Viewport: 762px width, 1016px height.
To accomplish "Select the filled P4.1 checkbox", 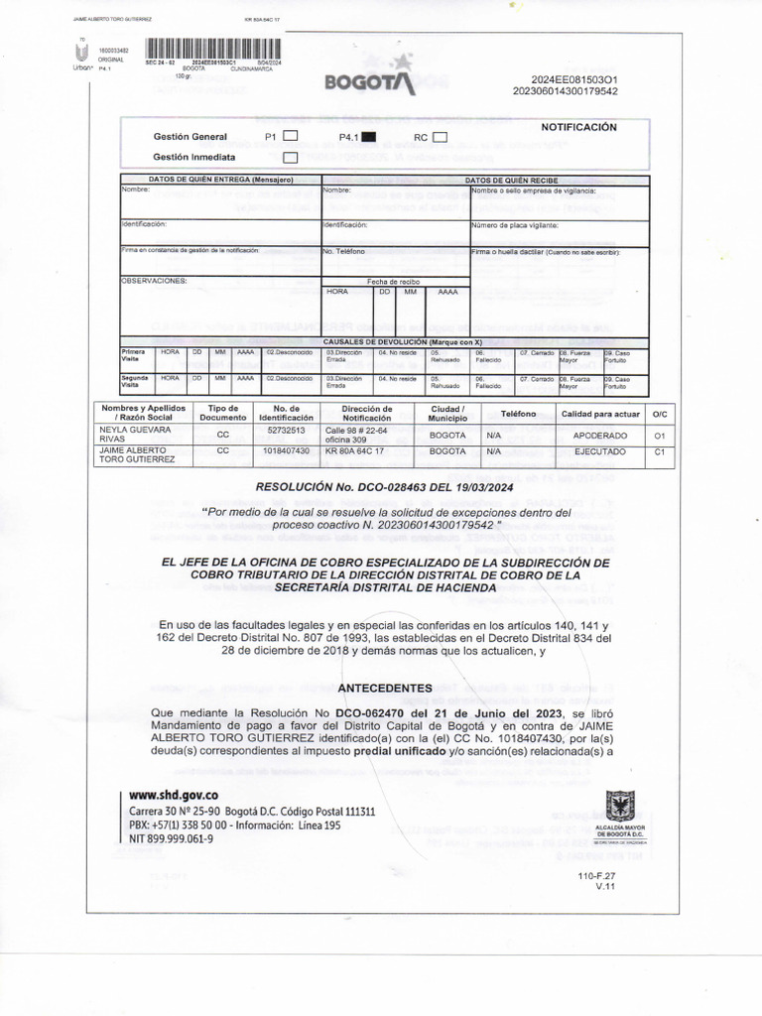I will (367, 137).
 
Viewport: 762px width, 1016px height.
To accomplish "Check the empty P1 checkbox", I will (291, 137).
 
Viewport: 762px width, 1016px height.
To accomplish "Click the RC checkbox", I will (441, 137).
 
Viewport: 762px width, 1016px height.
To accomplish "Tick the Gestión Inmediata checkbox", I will (291, 157).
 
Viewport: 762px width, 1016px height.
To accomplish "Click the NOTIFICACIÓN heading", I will (578, 127).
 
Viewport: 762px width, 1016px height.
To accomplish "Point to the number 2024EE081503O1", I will (574, 79).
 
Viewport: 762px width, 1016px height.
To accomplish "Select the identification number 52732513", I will (287, 431).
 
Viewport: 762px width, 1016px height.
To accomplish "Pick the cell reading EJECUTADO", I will (599, 451).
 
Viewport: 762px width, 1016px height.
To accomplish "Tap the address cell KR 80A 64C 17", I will (355, 451).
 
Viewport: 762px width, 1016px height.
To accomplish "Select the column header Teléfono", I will (518, 413).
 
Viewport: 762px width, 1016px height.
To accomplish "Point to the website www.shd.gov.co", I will (174, 795).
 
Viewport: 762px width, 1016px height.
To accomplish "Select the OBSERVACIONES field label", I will (154, 281).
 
